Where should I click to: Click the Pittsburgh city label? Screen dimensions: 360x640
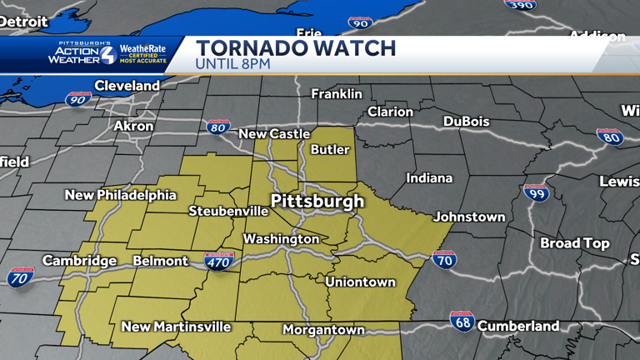point(317,201)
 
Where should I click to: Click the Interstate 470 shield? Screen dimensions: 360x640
point(218,260)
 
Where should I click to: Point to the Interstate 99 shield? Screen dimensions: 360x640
point(536,193)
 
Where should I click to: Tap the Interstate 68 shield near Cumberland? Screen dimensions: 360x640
point(462,321)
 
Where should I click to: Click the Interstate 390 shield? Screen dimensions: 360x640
point(519,4)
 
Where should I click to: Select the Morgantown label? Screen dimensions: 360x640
point(323,330)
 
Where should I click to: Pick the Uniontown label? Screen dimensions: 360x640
point(360,282)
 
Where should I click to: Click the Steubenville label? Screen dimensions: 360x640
point(228,211)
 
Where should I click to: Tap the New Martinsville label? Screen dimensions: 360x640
point(176,327)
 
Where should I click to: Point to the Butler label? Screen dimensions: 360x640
point(329,150)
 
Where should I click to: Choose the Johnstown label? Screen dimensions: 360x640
point(469,217)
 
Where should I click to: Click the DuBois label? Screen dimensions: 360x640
point(466,122)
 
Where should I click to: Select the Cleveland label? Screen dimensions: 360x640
point(127,86)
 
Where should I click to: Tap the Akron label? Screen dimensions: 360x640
point(133,126)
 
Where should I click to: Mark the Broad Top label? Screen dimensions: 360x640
point(574,243)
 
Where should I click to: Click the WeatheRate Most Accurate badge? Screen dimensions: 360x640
point(142,54)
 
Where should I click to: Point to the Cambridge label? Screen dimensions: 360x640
point(79,261)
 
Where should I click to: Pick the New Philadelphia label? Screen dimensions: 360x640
point(121,195)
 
